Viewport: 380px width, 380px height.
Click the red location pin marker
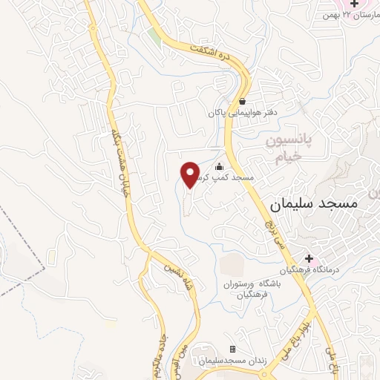pyautogui.click(x=191, y=174)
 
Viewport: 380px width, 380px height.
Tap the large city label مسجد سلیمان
pyautogui.click(x=313, y=202)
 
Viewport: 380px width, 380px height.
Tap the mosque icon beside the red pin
pyautogui.click(x=219, y=168)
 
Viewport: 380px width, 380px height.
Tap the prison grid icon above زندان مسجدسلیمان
pyautogui.click(x=233, y=349)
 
